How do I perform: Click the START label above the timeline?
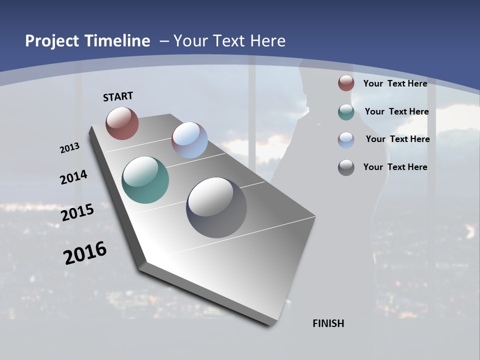click(118, 96)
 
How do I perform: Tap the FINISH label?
click(328, 323)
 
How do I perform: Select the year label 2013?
click(69, 148)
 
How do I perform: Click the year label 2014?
click(73, 177)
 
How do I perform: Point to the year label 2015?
click(77, 212)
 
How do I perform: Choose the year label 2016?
click(85, 253)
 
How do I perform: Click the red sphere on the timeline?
click(122, 123)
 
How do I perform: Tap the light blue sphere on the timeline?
click(189, 140)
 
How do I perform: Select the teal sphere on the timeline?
click(145, 180)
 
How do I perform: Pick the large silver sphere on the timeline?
click(216, 207)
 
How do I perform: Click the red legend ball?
click(346, 83)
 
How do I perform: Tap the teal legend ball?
click(346, 112)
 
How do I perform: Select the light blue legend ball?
click(346, 140)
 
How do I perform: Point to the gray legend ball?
click(346, 167)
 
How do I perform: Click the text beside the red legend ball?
click(395, 83)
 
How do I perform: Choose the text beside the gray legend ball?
click(395, 167)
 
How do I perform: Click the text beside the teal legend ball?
click(396, 111)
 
